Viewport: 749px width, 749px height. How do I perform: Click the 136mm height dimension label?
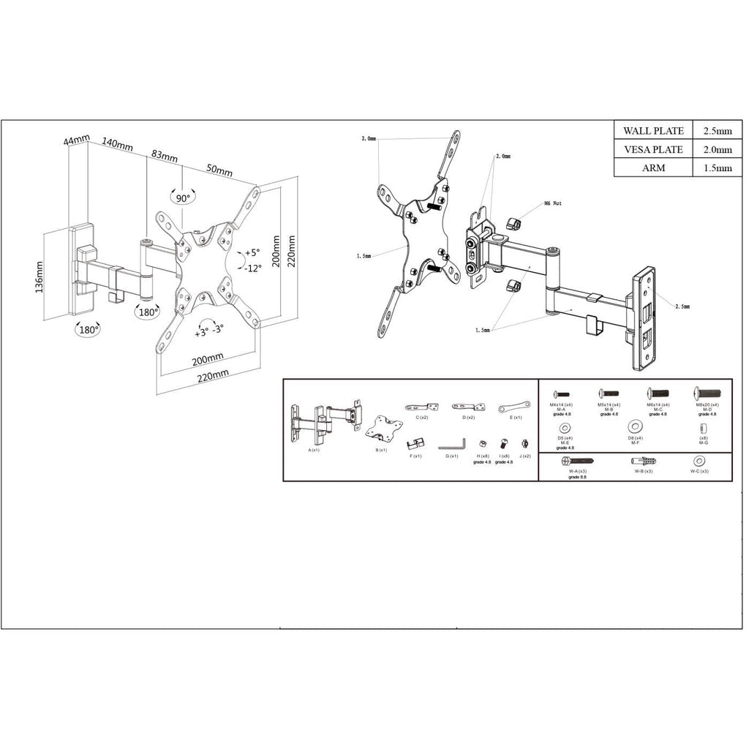pos(39,276)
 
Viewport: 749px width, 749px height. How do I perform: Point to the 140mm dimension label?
pos(117,144)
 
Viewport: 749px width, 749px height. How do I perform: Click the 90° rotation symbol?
pos(181,197)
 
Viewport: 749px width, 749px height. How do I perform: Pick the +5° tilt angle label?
pos(252,252)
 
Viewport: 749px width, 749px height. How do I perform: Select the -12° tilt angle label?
pos(252,268)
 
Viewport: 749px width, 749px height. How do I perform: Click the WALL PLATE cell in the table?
pos(652,131)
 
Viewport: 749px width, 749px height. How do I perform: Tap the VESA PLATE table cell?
pos(652,149)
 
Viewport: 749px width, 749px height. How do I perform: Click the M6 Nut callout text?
pos(552,205)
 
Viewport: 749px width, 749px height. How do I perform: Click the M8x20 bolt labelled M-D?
pos(706,394)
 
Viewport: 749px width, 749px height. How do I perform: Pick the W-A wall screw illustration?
pos(578,462)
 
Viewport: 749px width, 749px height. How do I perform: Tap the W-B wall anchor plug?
pos(643,462)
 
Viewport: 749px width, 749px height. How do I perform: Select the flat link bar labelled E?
pos(514,407)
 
